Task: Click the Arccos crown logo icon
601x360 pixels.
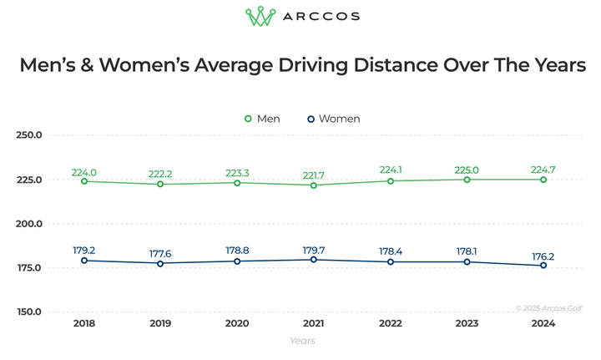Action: pos(260,17)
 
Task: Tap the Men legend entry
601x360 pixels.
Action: pos(262,119)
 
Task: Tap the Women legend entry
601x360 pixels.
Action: pos(333,119)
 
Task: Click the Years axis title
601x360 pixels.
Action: pos(302,341)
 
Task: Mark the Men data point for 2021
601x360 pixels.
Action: pos(313,185)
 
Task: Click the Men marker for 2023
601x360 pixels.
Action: pos(467,180)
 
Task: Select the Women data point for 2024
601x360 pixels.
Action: pos(543,266)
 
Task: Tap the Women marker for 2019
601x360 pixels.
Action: pos(160,263)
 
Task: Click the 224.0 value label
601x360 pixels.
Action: pos(83,173)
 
